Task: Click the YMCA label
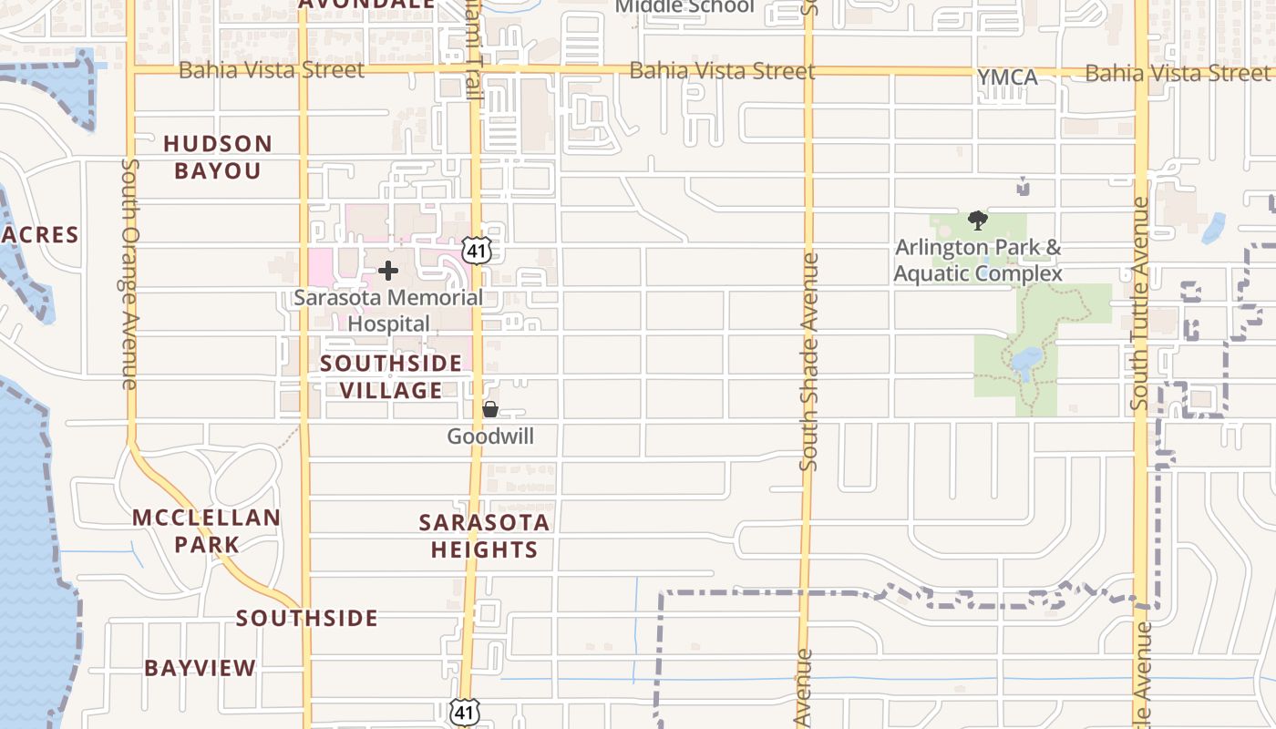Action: coord(1007,78)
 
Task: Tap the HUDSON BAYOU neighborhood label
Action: coord(218,157)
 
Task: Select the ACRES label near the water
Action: coord(40,235)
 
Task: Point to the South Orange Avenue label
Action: coord(129,273)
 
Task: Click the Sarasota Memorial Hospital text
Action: coord(388,311)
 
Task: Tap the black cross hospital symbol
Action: coord(388,271)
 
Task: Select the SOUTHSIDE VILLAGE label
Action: coord(391,377)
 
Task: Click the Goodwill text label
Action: coord(490,436)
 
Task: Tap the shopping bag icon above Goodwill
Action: coord(490,410)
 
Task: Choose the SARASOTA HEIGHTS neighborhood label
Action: coord(484,536)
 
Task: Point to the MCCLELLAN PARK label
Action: coord(207,531)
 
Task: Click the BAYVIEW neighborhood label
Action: coord(201,668)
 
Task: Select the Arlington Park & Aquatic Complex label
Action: coord(978,261)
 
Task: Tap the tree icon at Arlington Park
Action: coord(978,220)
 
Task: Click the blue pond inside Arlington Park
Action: coord(1026,362)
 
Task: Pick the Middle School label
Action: coord(685,7)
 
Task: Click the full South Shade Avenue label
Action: coord(808,362)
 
